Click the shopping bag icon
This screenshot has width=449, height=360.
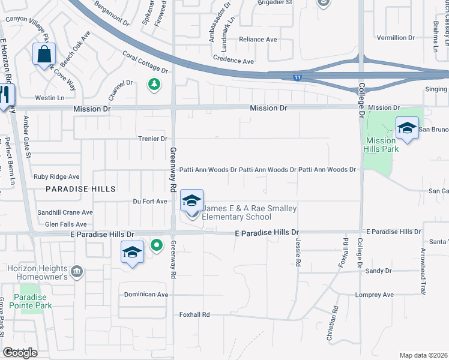tap(44, 55)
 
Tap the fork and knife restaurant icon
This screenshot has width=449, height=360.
tap(5, 95)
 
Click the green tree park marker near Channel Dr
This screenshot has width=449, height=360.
tap(155, 84)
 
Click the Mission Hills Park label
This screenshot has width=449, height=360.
tap(381, 145)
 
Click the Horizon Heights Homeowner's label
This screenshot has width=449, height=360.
tap(38, 273)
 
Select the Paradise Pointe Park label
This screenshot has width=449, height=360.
tap(33, 301)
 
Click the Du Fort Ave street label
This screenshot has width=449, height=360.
tap(149, 202)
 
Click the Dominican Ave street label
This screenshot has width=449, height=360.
tap(146, 295)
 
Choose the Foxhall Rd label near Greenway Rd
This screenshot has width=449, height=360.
tap(194, 314)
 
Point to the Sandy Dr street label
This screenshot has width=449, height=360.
tap(378, 271)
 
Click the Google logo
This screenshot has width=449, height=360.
tap(20, 353)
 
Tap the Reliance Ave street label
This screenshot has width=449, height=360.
tap(258, 40)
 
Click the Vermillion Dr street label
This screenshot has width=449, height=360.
tap(396, 37)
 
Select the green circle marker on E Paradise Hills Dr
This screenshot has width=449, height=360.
tap(157, 245)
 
